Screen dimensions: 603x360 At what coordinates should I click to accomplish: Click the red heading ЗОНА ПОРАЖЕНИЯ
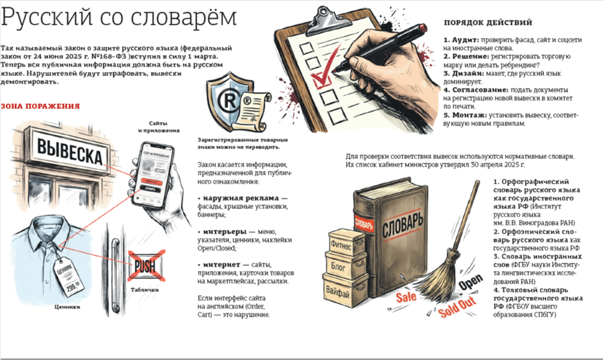point(40,106)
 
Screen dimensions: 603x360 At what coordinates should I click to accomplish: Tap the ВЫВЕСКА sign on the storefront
point(69,150)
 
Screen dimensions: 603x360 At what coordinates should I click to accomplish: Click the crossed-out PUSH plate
point(146,266)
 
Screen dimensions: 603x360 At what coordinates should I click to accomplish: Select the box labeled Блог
point(345,265)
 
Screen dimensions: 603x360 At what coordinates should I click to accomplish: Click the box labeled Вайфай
point(344,291)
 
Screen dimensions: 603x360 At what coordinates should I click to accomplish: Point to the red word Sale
point(407,296)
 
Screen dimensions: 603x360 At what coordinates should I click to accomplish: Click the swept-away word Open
point(470,282)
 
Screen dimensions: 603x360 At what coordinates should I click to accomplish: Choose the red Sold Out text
point(457,306)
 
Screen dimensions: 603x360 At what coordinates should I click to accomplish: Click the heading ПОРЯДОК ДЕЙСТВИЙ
point(488,22)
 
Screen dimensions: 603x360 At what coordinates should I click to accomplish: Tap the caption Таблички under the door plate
point(145,290)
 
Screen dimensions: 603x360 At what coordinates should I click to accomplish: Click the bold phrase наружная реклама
point(241,198)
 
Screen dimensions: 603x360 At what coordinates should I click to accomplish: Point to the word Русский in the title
point(47,18)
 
